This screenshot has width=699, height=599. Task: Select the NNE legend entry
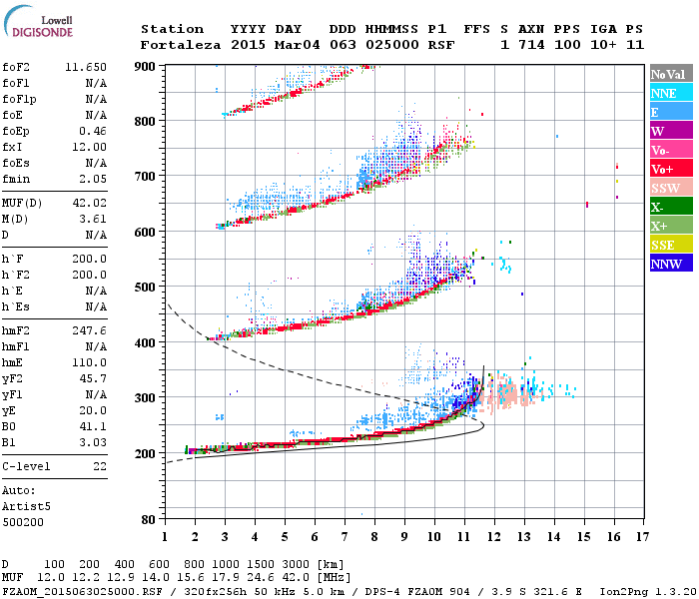pos(665,93)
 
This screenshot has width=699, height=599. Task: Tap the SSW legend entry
pos(665,188)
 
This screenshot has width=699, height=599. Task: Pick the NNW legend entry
pos(665,264)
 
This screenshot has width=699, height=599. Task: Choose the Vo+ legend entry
pos(665,169)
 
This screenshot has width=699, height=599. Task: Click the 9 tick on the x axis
pos(404,536)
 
